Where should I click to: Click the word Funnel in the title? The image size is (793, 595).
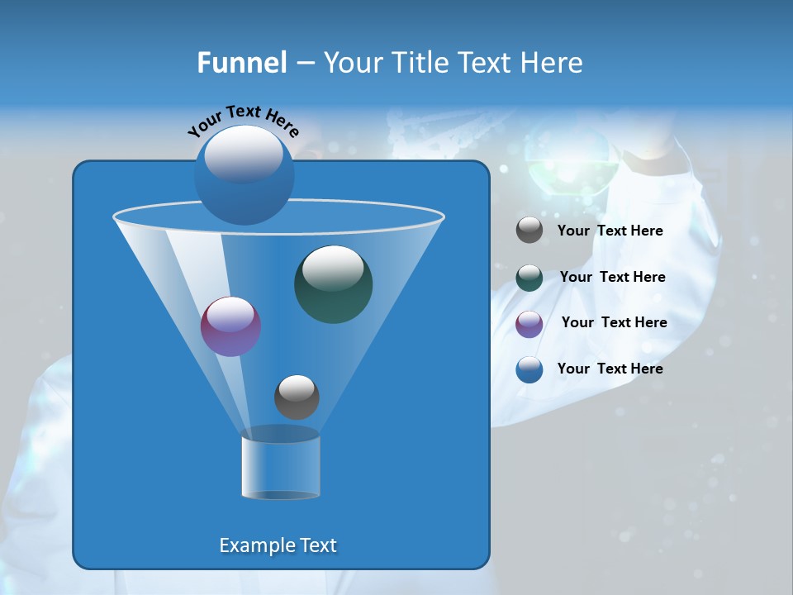(x=241, y=63)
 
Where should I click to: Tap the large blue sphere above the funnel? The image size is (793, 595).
(x=244, y=174)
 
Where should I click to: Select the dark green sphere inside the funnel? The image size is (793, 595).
(x=333, y=283)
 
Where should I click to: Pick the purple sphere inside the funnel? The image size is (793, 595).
(x=230, y=326)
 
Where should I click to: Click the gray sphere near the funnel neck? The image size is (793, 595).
(x=297, y=397)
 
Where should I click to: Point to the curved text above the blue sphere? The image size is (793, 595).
(x=243, y=121)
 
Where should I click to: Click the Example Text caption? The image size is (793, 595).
(x=278, y=545)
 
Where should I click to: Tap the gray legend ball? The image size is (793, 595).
(x=529, y=231)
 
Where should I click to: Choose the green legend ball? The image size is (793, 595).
(x=529, y=278)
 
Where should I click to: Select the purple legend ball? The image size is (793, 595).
(x=529, y=324)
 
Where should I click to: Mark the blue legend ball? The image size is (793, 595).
(x=529, y=369)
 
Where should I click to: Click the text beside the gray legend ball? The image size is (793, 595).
(x=610, y=231)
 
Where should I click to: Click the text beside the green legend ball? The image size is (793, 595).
(x=612, y=278)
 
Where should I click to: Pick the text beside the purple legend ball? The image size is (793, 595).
(x=614, y=323)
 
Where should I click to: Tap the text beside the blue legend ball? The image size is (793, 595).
(x=610, y=369)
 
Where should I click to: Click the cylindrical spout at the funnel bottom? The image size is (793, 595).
(x=280, y=466)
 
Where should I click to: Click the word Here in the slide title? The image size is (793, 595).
(x=553, y=63)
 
